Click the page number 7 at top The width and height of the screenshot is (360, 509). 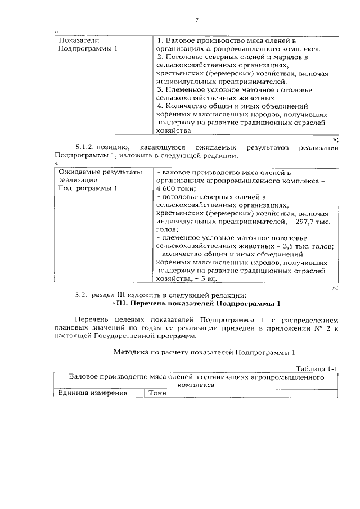click(x=197, y=21)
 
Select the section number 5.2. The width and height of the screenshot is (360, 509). click(x=82, y=295)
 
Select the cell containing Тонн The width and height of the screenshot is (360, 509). click(x=158, y=393)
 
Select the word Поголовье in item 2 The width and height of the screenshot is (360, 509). click(x=183, y=57)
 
